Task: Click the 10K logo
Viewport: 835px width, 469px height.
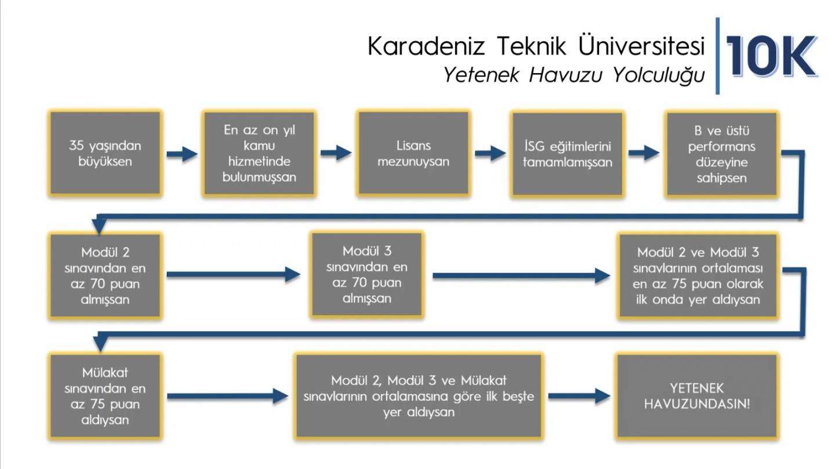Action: pyautogui.click(x=772, y=56)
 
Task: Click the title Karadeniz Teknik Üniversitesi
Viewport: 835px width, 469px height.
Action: pyautogui.click(x=536, y=46)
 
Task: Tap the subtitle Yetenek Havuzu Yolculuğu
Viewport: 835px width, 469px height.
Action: pyautogui.click(x=573, y=75)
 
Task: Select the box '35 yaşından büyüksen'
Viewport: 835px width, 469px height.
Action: pyautogui.click(x=105, y=153)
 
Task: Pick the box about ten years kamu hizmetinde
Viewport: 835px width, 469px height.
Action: pyautogui.click(x=259, y=153)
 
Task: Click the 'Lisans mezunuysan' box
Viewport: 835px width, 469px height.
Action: pyautogui.click(x=413, y=153)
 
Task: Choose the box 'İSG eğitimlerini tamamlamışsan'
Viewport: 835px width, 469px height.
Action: pyautogui.click(x=567, y=154)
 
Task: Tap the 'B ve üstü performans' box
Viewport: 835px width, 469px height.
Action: pyautogui.click(x=722, y=154)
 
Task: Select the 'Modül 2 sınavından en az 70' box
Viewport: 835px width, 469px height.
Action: pyautogui.click(x=105, y=275)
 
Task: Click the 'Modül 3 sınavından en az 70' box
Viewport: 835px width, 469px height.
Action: pyautogui.click(x=367, y=274)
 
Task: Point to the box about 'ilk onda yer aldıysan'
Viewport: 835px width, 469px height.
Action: pyautogui.click(x=698, y=275)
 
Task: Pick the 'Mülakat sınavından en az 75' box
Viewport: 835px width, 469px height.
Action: pyautogui.click(x=105, y=396)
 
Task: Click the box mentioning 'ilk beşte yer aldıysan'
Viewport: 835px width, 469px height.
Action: pyautogui.click(x=419, y=396)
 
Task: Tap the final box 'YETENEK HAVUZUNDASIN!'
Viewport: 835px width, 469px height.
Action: pyautogui.click(x=697, y=396)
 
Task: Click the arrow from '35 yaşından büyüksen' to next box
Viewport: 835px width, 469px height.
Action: pyautogui.click(x=182, y=154)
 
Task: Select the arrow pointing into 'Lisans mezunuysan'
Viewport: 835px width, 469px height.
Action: pyautogui.click(x=336, y=153)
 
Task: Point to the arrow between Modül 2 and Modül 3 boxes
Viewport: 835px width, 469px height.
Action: pyautogui.click(x=233, y=275)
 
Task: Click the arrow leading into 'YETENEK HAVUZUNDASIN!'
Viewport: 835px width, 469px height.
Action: pyautogui.click(x=579, y=396)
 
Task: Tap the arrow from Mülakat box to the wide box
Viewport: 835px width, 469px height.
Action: pyautogui.click(x=227, y=396)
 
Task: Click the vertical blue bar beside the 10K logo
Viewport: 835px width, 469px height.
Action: pyautogui.click(x=718, y=56)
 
